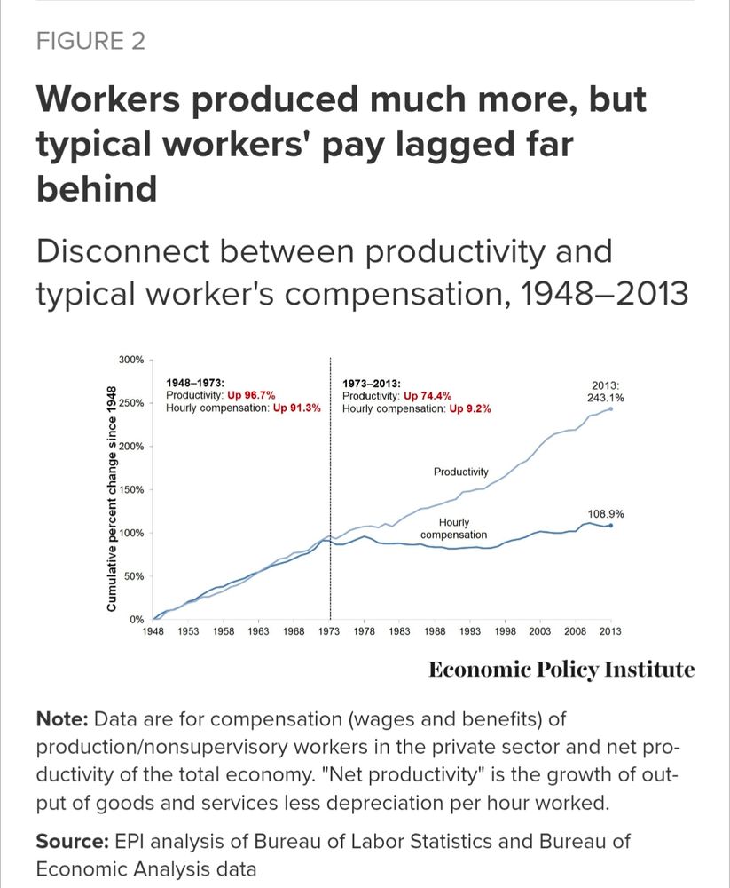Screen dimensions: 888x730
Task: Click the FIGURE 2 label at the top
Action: pyautogui.click(x=90, y=42)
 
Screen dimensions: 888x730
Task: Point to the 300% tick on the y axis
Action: pyautogui.click(x=131, y=360)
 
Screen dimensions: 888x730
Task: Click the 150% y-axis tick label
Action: pyautogui.click(x=131, y=490)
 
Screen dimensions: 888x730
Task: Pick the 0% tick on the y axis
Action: pyautogui.click(x=137, y=619)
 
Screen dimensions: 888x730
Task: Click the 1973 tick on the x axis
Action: pyautogui.click(x=330, y=631)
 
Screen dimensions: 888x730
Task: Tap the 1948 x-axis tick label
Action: pyautogui.click(x=154, y=631)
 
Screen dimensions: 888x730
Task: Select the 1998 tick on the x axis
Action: pyautogui.click(x=506, y=631)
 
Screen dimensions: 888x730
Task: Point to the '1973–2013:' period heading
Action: pyautogui.click(x=372, y=384)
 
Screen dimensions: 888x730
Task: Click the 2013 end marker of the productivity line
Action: pyautogui.click(x=610, y=408)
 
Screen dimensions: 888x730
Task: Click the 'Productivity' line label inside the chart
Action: pyautogui.click(x=460, y=472)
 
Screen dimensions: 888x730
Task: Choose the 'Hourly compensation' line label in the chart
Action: pyautogui.click(x=453, y=529)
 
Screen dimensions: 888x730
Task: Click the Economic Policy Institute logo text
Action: pyautogui.click(x=561, y=670)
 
